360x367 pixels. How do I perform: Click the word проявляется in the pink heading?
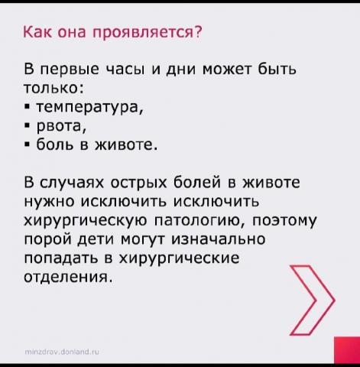[x=147, y=33]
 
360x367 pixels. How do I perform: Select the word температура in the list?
[x=89, y=108]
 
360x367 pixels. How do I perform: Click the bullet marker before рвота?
[x=27, y=125]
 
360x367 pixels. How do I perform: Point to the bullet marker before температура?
[x=27, y=107]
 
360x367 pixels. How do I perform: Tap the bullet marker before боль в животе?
[x=27, y=145]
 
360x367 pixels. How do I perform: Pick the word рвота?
[x=61, y=126]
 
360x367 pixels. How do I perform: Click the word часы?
[x=126, y=70]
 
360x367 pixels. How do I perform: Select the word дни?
[x=181, y=70]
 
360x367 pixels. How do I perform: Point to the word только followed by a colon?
[x=54, y=88]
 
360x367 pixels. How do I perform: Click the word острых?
[x=138, y=183]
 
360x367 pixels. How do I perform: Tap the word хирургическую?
[x=86, y=221]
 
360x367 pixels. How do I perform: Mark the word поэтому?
[x=284, y=221]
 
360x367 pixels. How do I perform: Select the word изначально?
[x=219, y=239]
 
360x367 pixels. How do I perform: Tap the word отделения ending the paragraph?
[x=68, y=278]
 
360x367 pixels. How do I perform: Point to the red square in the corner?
[x=347, y=350]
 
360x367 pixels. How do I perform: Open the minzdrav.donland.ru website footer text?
[x=62, y=352]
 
